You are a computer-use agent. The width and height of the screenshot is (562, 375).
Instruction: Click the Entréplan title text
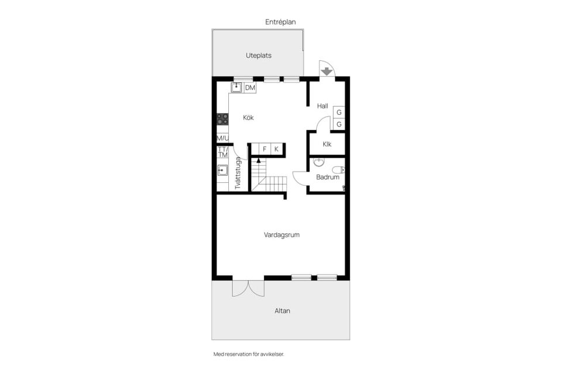pyautogui.click(x=280, y=22)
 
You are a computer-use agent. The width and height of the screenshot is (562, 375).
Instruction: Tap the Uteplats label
pyautogui.click(x=258, y=56)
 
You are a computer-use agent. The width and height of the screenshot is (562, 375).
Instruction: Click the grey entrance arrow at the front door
pyautogui.click(x=327, y=71)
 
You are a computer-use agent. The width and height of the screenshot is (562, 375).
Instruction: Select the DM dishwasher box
pyautogui.click(x=250, y=88)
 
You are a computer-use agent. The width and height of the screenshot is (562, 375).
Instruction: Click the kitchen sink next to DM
pyautogui.click(x=237, y=88)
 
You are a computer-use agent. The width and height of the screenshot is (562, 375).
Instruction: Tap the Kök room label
pyautogui.click(x=248, y=118)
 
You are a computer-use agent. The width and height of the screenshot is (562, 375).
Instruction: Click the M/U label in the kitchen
pyautogui.click(x=222, y=138)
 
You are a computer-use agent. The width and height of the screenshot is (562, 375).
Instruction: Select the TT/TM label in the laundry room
pyautogui.click(x=222, y=152)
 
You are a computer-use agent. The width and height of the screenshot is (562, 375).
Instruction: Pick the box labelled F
pyautogui.click(x=265, y=149)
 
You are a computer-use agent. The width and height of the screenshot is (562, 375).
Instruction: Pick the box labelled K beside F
pyautogui.click(x=276, y=149)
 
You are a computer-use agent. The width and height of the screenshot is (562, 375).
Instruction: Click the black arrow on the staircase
pyautogui.click(x=258, y=159)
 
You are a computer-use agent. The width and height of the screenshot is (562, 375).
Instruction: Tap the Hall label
pyautogui.click(x=323, y=106)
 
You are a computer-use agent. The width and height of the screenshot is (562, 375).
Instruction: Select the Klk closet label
pyautogui.click(x=327, y=144)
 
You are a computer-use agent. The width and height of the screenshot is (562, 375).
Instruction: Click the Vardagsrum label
pyautogui.click(x=282, y=235)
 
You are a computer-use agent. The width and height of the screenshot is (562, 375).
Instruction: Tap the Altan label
pyautogui.click(x=282, y=311)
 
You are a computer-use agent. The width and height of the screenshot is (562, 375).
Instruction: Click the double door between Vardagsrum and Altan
pyautogui.click(x=249, y=287)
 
